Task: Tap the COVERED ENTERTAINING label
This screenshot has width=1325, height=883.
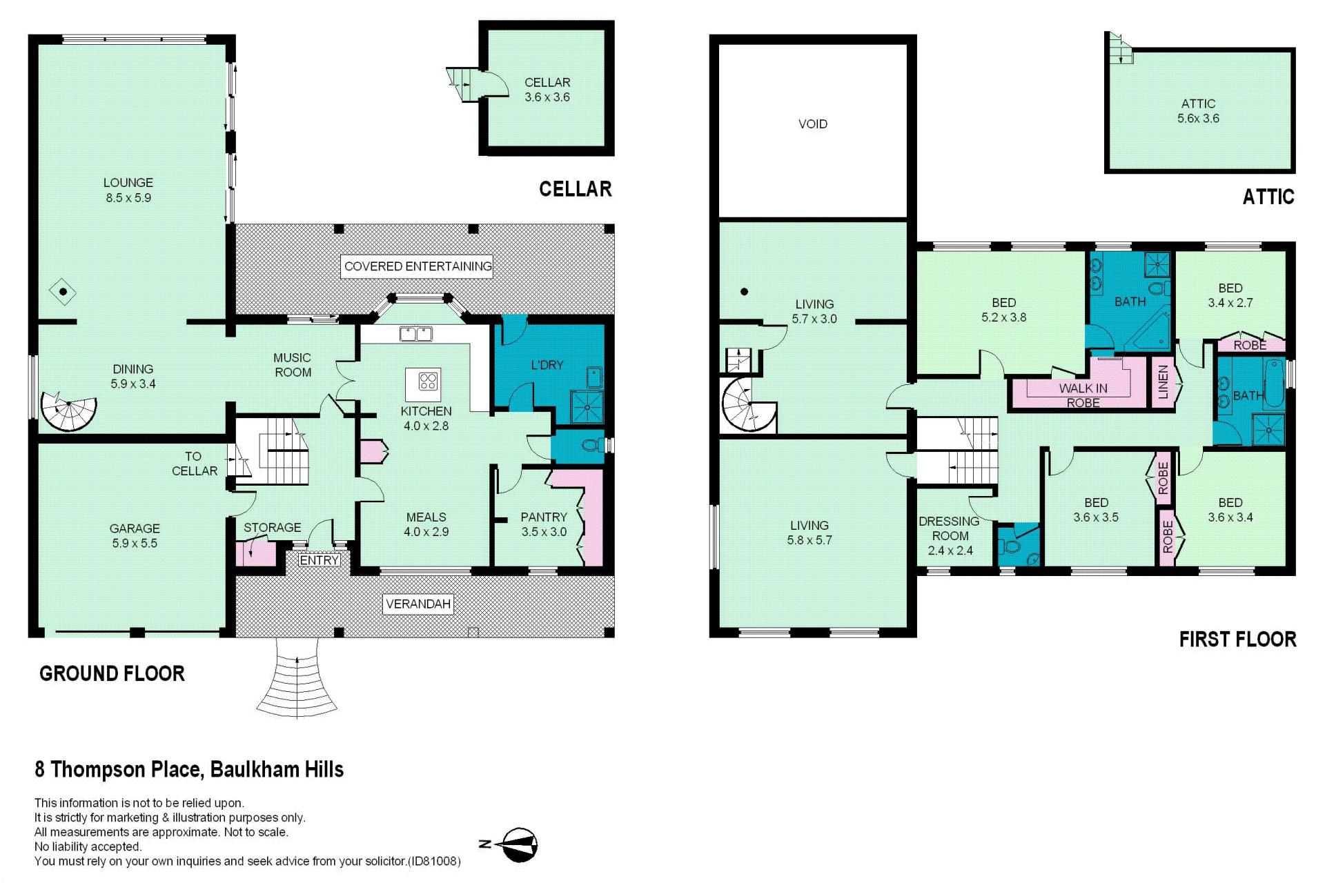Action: tap(418, 266)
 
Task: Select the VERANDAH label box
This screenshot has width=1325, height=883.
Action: tap(418, 604)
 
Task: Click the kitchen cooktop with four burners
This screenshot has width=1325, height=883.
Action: tap(428, 381)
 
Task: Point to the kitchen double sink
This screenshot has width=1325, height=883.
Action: tap(416, 335)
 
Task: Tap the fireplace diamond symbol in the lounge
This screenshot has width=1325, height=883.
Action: tap(63, 292)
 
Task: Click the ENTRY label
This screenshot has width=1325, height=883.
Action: tap(319, 560)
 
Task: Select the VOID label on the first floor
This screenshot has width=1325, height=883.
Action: tap(813, 124)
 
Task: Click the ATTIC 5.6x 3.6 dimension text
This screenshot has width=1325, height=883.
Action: tap(1198, 119)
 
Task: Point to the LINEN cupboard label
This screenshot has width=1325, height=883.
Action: tap(1163, 382)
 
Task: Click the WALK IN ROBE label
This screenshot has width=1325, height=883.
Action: tap(1083, 395)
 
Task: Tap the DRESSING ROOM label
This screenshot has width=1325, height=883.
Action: tap(950, 528)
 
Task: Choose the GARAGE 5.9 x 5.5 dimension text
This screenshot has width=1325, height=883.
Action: tap(135, 543)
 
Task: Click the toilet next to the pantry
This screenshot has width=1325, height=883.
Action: tap(592, 445)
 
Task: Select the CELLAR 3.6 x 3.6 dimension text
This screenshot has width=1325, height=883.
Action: tap(547, 97)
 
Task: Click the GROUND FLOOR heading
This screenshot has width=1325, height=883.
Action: tap(112, 673)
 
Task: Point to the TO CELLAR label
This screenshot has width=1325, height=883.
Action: tap(194, 464)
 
